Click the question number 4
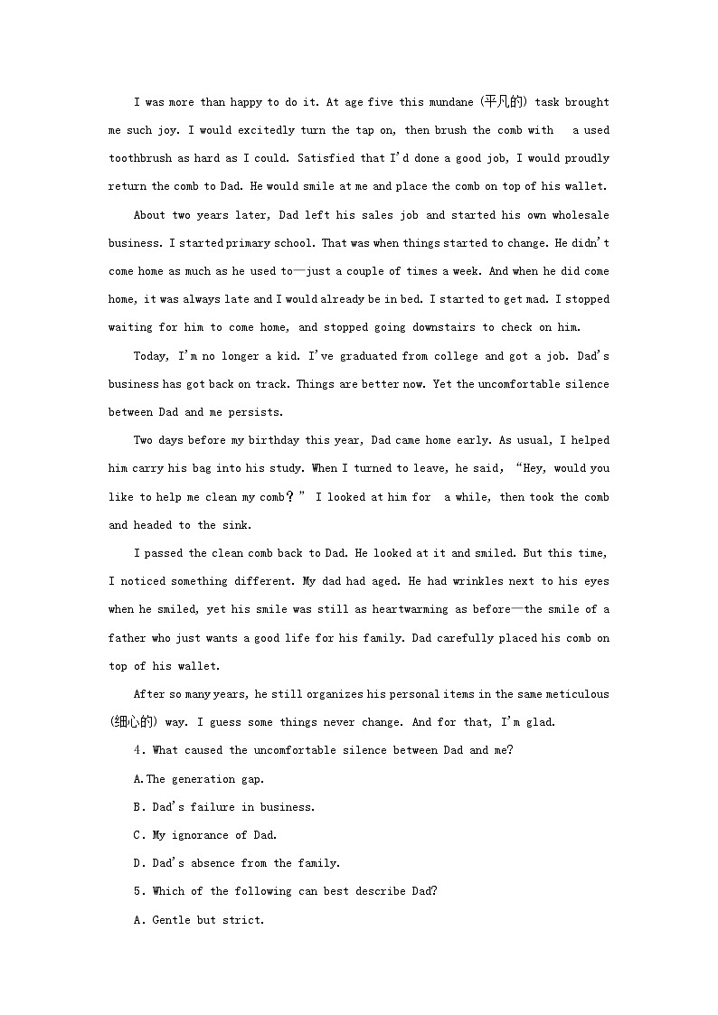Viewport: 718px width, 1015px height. [137, 750]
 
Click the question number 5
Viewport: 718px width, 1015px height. [137, 891]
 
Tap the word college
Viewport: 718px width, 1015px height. [452, 356]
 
